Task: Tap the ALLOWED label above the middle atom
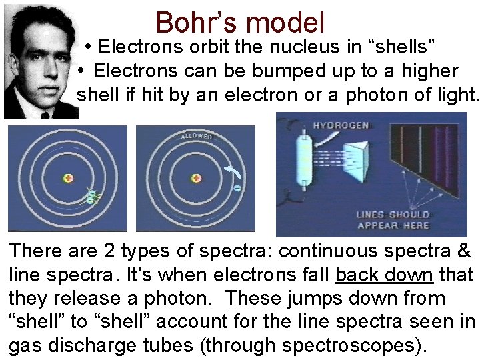tap(196, 137)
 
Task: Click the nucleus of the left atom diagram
tap(68, 178)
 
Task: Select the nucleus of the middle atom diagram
tap(196, 178)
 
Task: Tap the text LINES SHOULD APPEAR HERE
tap(393, 219)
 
